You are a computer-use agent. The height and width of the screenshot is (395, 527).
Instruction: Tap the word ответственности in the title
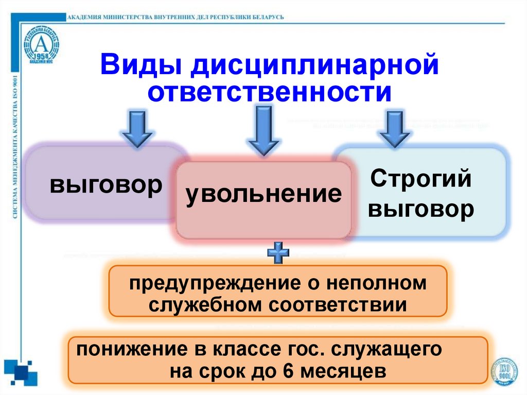pyautogui.click(x=269, y=93)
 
